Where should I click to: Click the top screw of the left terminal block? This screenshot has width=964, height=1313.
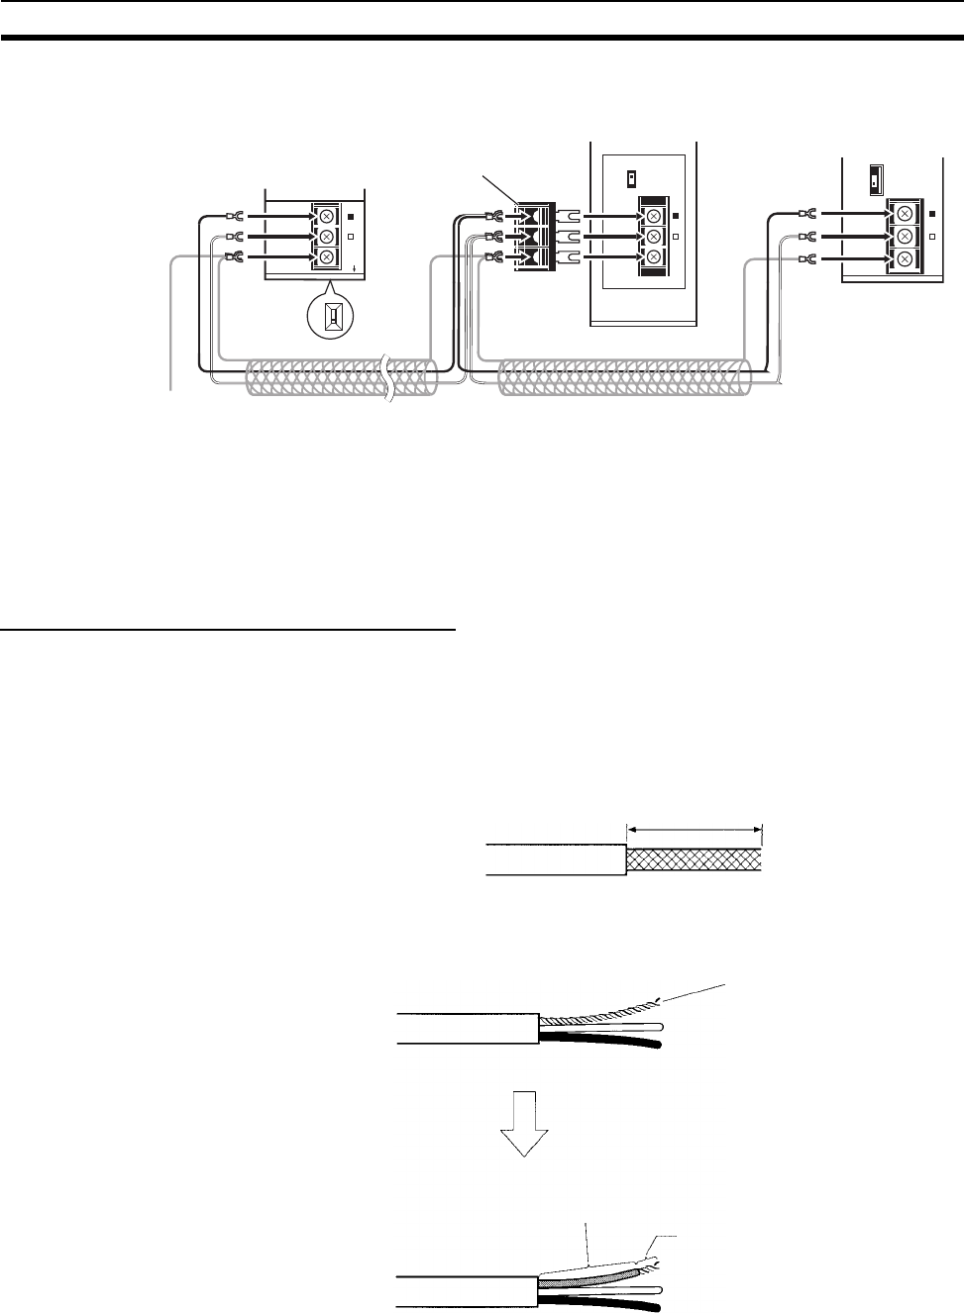[x=326, y=215]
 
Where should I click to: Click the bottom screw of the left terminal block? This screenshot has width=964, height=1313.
[x=326, y=257]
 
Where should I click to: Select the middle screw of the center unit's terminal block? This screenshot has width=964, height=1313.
[x=653, y=237]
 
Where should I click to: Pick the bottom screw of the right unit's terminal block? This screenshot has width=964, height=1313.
[x=904, y=257]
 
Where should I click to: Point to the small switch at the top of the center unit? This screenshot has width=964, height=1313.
[x=631, y=179]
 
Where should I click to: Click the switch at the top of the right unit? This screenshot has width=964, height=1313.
[x=875, y=178]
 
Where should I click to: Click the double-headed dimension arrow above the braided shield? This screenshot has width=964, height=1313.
[x=694, y=832]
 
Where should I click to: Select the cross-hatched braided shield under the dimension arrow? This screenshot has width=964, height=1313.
[x=694, y=859]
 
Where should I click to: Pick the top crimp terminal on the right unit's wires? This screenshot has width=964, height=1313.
[x=807, y=214]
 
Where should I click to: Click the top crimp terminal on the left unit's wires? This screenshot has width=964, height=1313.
[x=236, y=215]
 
